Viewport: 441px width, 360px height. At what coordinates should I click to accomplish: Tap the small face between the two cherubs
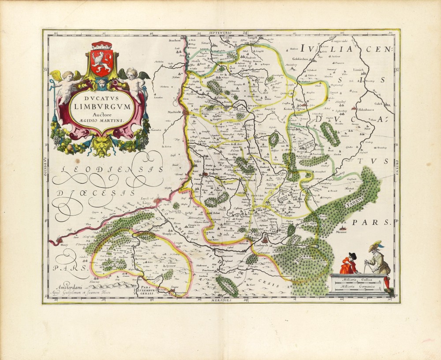102,83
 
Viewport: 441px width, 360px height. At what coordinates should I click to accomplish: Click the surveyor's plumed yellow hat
376,244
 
